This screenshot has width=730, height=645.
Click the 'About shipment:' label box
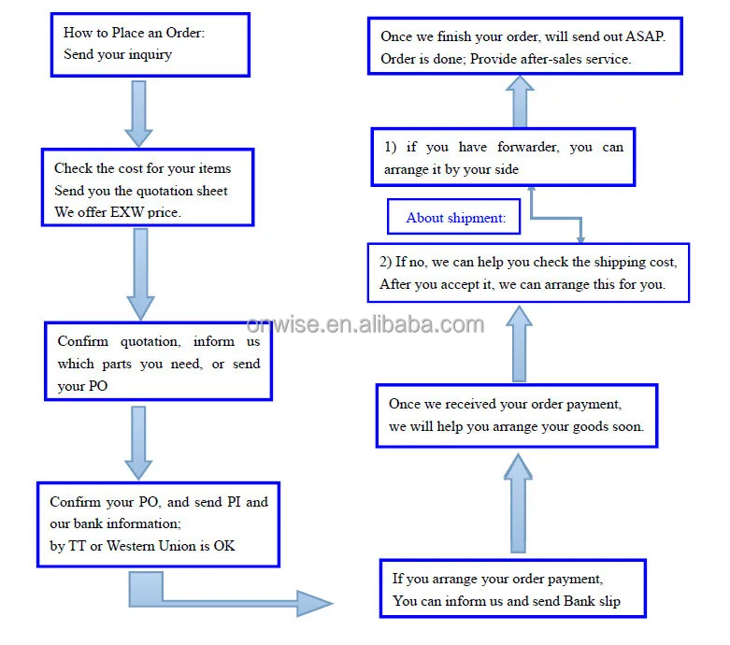coord(453,217)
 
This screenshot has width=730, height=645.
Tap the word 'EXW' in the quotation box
coord(126,212)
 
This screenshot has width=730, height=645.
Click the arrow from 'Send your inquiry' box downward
coord(138,114)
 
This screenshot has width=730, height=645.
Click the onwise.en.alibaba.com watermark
coord(365,324)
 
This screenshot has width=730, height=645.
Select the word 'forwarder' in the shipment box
coord(528,147)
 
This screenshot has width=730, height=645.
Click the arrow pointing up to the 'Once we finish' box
coord(520,102)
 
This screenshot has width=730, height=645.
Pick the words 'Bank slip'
coord(592,601)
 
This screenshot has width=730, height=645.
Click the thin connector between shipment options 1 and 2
coord(556,217)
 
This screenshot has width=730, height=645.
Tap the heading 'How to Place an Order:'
coord(134,33)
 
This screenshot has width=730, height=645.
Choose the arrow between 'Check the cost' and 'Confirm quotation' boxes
coord(140,274)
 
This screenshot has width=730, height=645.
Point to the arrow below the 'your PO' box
coord(138,443)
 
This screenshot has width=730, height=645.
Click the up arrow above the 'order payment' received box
coord(519,344)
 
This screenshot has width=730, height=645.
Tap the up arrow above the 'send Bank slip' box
coord(518,503)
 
